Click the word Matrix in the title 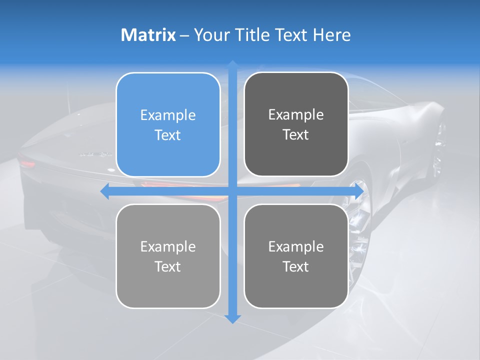coord(148,35)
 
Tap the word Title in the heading coord(253,35)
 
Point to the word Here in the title coord(331,35)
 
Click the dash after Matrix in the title coord(184,35)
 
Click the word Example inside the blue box coord(168,115)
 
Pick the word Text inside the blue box coord(168,135)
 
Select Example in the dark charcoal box coord(296,115)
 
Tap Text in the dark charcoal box coord(296,135)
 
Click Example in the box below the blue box coord(168,247)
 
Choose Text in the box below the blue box coord(168,267)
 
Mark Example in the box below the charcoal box coord(296,247)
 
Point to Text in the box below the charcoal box coord(296,267)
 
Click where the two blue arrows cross coord(232,191)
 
